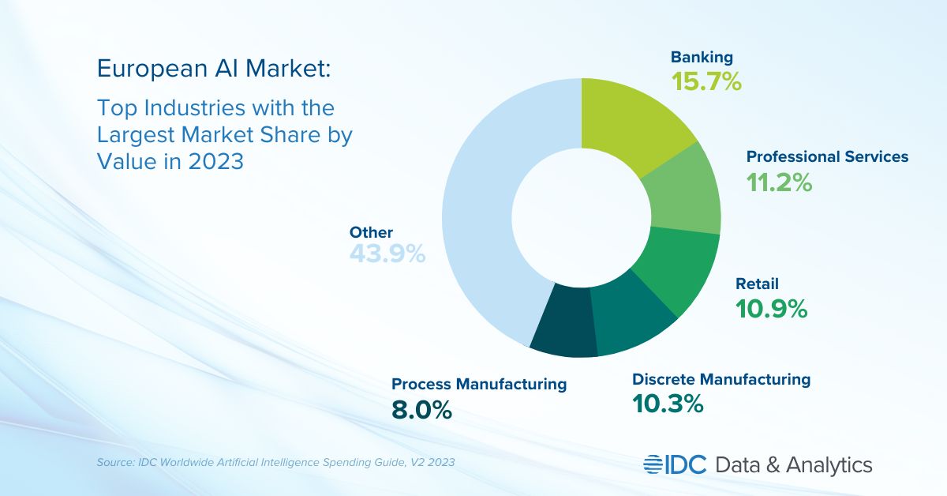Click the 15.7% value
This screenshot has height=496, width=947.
(706, 81)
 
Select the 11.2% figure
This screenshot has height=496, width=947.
(779, 183)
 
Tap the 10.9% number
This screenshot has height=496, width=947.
(771, 310)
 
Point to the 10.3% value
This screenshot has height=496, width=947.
(668, 404)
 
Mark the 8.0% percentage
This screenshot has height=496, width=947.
(421, 410)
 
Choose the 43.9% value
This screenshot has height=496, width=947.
(387, 254)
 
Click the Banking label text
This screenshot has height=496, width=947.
(702, 57)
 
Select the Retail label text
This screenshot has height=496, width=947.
(757, 283)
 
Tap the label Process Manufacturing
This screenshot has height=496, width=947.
(479, 384)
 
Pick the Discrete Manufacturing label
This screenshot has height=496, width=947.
(721, 379)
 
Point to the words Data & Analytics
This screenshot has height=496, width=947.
(793, 464)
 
